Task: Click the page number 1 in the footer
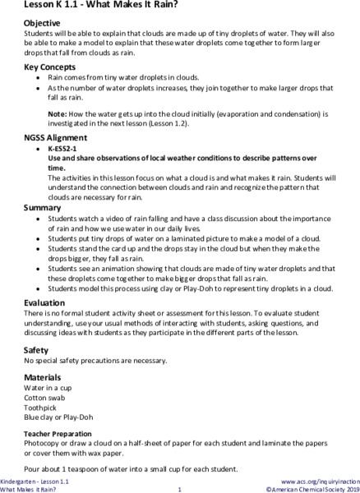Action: [x=179, y=488]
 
